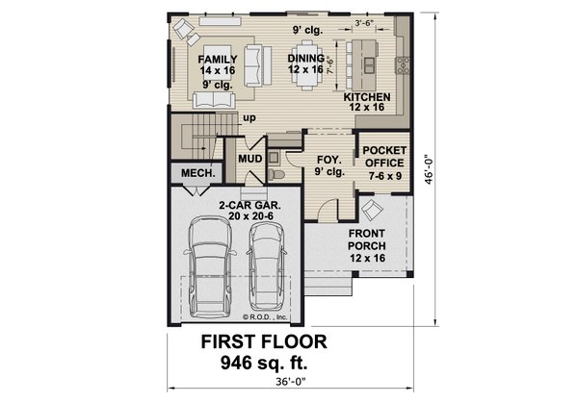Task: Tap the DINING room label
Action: click(x=306, y=59)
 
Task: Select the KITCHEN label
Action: click(x=366, y=98)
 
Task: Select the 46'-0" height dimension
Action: click(x=439, y=164)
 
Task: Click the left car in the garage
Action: click(x=212, y=274)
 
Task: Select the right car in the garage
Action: click(x=266, y=274)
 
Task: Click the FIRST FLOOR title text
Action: click(x=263, y=341)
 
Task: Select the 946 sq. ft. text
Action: click(x=263, y=362)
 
